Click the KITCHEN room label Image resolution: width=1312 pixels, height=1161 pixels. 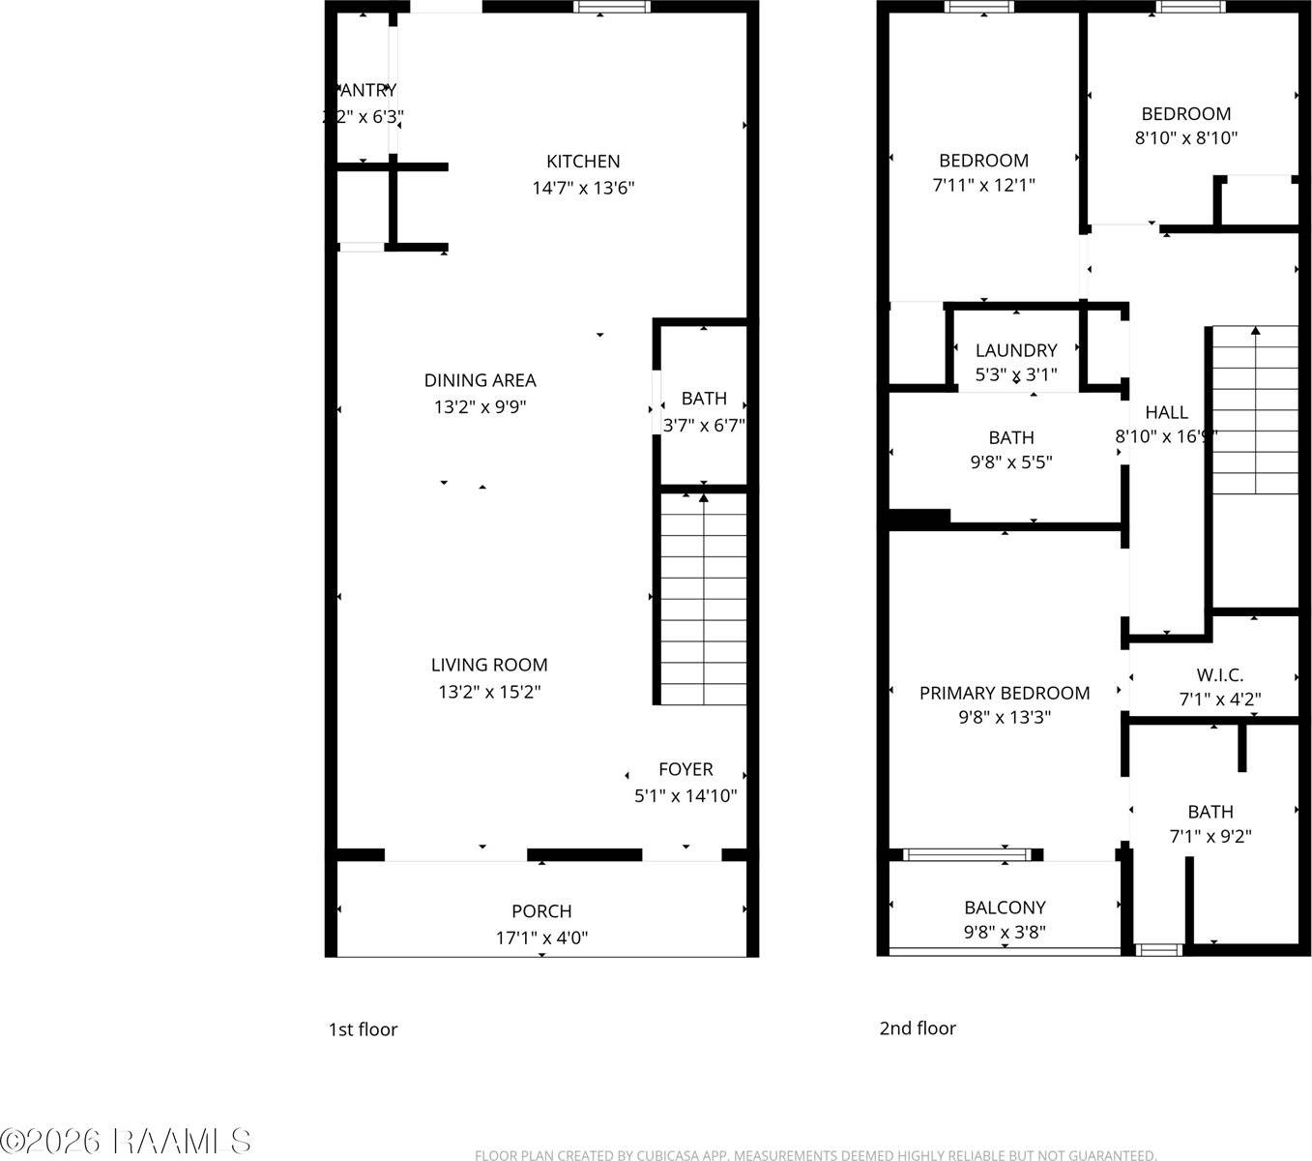583,162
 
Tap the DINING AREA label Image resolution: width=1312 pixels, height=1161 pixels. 480,380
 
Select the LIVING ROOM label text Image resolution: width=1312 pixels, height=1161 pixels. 489,665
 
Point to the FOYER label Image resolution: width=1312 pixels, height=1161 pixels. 685,769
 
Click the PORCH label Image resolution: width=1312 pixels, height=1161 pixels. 541,911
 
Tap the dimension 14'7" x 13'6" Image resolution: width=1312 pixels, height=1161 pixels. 583,188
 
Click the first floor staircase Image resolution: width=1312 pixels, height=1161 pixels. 703,600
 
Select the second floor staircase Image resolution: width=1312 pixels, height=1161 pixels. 1255,411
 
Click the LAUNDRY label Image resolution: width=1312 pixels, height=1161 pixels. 1015,350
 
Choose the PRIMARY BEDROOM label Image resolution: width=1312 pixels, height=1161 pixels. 1005,693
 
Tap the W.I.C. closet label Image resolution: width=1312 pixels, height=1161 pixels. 1219,675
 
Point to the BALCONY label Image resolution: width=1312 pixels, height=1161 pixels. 1005,908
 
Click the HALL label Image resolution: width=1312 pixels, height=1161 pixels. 1166,412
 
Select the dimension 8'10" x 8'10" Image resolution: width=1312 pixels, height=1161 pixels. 1185,138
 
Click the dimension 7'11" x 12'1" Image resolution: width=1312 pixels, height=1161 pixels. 983,185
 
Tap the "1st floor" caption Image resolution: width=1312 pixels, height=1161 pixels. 363,1029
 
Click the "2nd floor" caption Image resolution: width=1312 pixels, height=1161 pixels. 917,1028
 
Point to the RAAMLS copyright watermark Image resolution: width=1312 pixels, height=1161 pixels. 127,1142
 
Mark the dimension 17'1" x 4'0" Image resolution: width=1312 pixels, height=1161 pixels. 541,938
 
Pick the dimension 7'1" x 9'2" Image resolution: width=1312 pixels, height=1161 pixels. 1210,837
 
